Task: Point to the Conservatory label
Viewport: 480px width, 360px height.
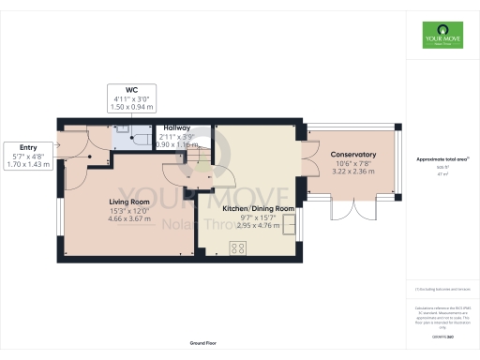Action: tap(352, 155)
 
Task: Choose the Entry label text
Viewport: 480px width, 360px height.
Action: tap(27, 147)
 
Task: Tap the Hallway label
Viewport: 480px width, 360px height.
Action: tap(177, 127)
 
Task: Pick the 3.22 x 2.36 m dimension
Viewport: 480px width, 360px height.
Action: tap(352, 172)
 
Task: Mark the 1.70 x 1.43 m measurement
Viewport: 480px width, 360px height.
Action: tap(27, 165)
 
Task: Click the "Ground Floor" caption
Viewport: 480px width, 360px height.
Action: tap(204, 343)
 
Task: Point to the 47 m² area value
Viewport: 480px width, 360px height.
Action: tap(441, 174)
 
